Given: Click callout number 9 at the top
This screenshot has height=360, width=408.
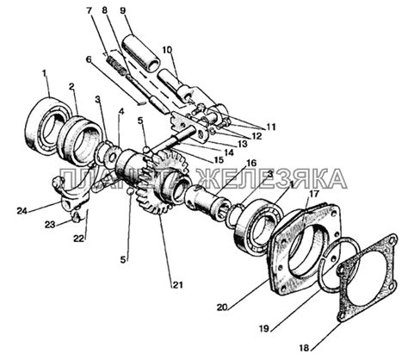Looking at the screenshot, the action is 122,10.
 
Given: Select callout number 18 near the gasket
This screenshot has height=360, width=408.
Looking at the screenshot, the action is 304,348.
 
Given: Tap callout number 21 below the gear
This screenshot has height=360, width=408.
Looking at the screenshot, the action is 177,284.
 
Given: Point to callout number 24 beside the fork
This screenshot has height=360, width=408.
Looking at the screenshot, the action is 22,211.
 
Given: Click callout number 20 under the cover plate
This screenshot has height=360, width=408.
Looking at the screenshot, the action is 223,307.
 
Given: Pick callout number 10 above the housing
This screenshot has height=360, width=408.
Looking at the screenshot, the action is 167,50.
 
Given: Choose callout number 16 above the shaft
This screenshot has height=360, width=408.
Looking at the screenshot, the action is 250,164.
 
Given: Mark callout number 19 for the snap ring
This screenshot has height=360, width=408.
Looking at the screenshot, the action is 264,328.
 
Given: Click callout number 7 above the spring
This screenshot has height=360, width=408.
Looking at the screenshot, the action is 90,10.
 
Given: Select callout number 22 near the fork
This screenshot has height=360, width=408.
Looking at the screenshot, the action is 80,239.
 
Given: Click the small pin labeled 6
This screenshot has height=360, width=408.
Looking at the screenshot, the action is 141,103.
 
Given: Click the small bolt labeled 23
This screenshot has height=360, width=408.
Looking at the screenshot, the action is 75,217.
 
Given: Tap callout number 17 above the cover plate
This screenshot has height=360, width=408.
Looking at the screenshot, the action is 313,194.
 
